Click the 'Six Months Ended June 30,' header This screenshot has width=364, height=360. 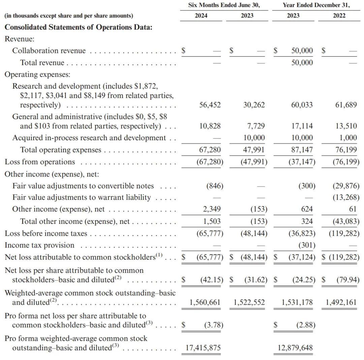pyautogui.click(x=224, y=5)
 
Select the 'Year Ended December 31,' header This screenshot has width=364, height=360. pyautogui.click(x=316, y=5)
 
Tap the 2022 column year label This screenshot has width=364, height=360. pyautogui.click(x=339, y=16)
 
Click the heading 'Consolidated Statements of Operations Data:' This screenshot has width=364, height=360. pyautogui.click(x=78, y=27)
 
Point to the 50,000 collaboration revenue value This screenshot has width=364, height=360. pyautogui.click(x=302, y=51)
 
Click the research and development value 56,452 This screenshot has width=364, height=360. pyautogui.click(x=210, y=105)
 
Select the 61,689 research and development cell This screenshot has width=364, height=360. pyautogui.click(x=346, y=105)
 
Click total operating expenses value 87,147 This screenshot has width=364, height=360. pyautogui.click(x=302, y=150)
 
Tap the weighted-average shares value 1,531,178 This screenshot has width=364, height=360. pyautogui.click(x=297, y=302)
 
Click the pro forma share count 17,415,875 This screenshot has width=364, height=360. pyautogui.click(x=203, y=348)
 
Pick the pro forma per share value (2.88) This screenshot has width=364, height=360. pyautogui.click(x=306, y=325)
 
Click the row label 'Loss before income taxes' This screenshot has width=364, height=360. pyautogui.click(x=46, y=234)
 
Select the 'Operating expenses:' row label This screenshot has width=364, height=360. pyautogui.click(x=37, y=74)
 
